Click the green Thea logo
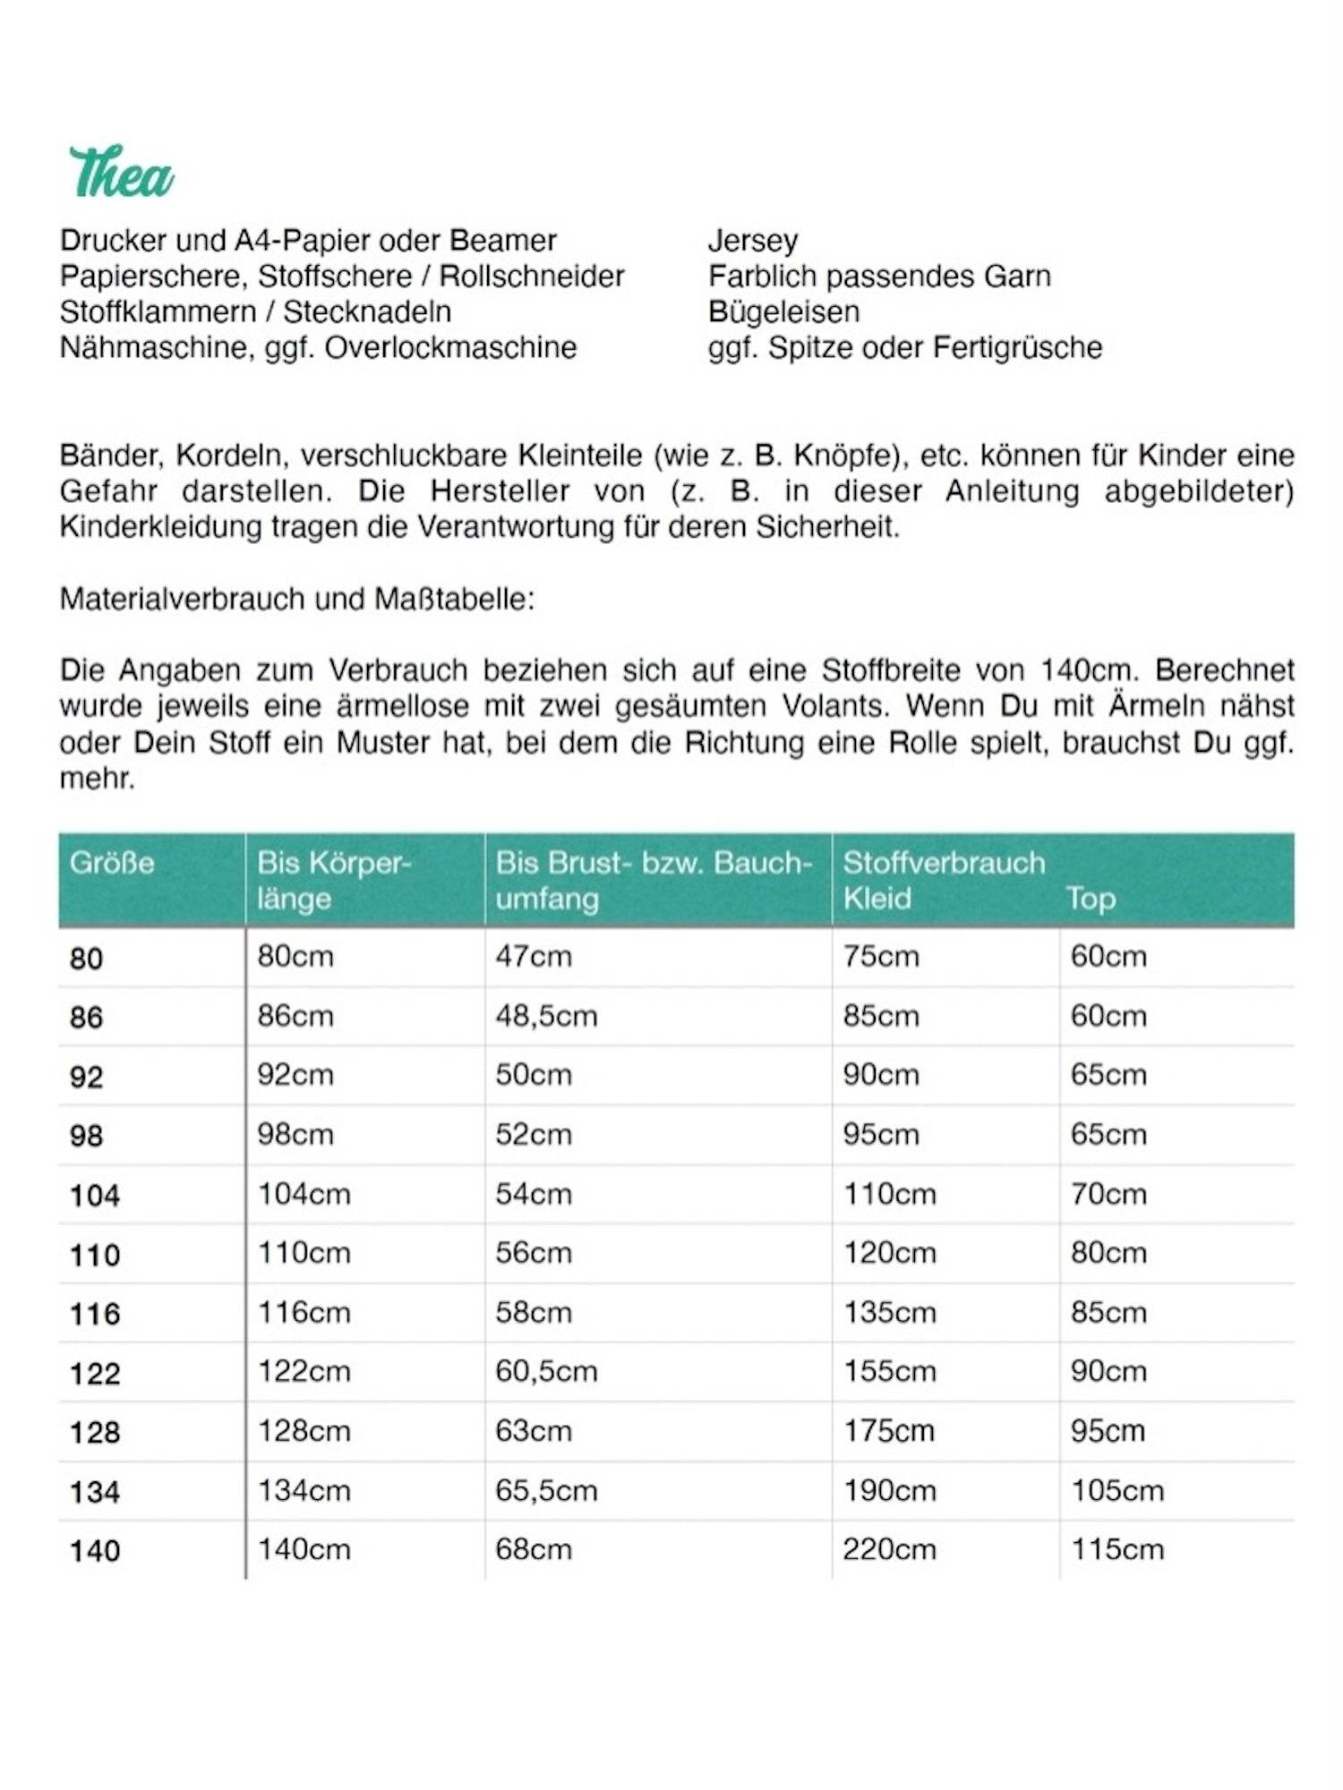122,173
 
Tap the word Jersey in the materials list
752,241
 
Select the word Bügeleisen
783,312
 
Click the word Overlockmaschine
450,348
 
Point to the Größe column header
112,864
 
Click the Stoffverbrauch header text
944,863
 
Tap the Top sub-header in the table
1090,899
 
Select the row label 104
94,1196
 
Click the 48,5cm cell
546,1017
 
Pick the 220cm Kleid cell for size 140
888,1550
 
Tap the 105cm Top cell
1116,1491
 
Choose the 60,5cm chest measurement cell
546,1372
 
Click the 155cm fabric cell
889,1372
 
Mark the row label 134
94,1493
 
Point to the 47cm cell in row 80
534,957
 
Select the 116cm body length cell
304,1313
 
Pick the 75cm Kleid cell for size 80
880,957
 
